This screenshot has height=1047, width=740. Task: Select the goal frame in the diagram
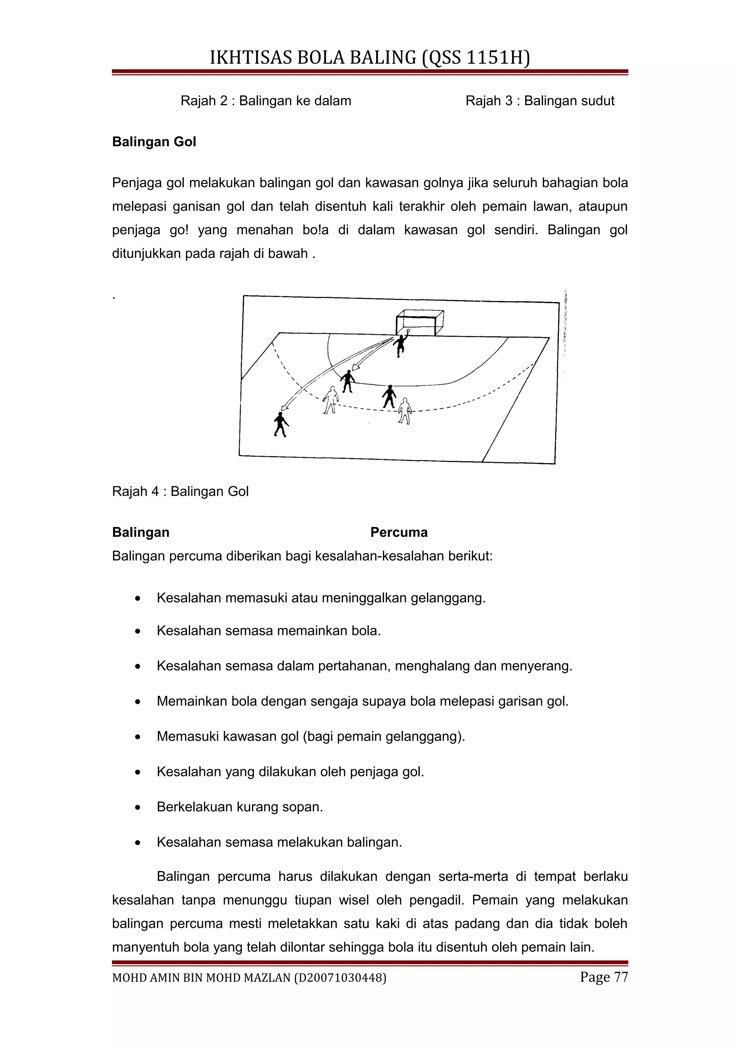[420, 322]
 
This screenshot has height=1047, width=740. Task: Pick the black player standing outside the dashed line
[280, 424]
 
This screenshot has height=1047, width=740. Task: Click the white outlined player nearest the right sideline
[404, 411]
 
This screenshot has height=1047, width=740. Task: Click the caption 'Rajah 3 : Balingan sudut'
[540, 101]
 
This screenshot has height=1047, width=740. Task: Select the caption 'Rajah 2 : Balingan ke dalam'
[266, 101]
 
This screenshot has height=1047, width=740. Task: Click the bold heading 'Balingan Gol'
[154, 142]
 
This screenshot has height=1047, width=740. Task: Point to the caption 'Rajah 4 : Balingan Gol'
[180, 491]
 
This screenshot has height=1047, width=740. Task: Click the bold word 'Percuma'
[399, 532]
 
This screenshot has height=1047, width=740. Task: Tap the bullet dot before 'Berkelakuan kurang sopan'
[138, 807]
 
